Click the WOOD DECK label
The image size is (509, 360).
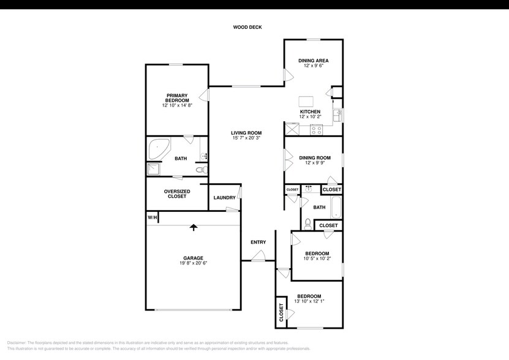pyautogui.click(x=247, y=27)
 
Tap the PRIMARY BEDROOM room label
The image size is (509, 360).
pyautogui.click(x=177, y=98)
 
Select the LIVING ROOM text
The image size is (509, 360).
pyautogui.click(x=246, y=133)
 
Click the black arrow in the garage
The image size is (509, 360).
pyautogui.click(x=194, y=227)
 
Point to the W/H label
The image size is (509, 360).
pyautogui.click(x=153, y=217)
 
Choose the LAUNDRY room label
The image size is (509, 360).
pyautogui.click(x=224, y=198)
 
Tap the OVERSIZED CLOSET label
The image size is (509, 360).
pyautogui.click(x=177, y=194)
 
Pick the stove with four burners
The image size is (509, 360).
pyautogui.click(x=316, y=129)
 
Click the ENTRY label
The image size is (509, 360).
pyautogui.click(x=258, y=242)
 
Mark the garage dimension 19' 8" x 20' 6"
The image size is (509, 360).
pyautogui.click(x=194, y=263)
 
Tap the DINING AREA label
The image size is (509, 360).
pyautogui.click(x=314, y=61)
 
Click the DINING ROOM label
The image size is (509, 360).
pyautogui.click(x=314, y=158)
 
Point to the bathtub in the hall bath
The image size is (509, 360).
pyautogui.click(x=336, y=208)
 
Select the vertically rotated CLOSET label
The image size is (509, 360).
pyautogui.click(x=281, y=313)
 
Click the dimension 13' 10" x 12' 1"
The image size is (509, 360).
pyautogui.click(x=309, y=301)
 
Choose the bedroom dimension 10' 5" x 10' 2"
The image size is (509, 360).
pyautogui.click(x=317, y=258)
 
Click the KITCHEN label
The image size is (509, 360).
pyautogui.click(x=310, y=111)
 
